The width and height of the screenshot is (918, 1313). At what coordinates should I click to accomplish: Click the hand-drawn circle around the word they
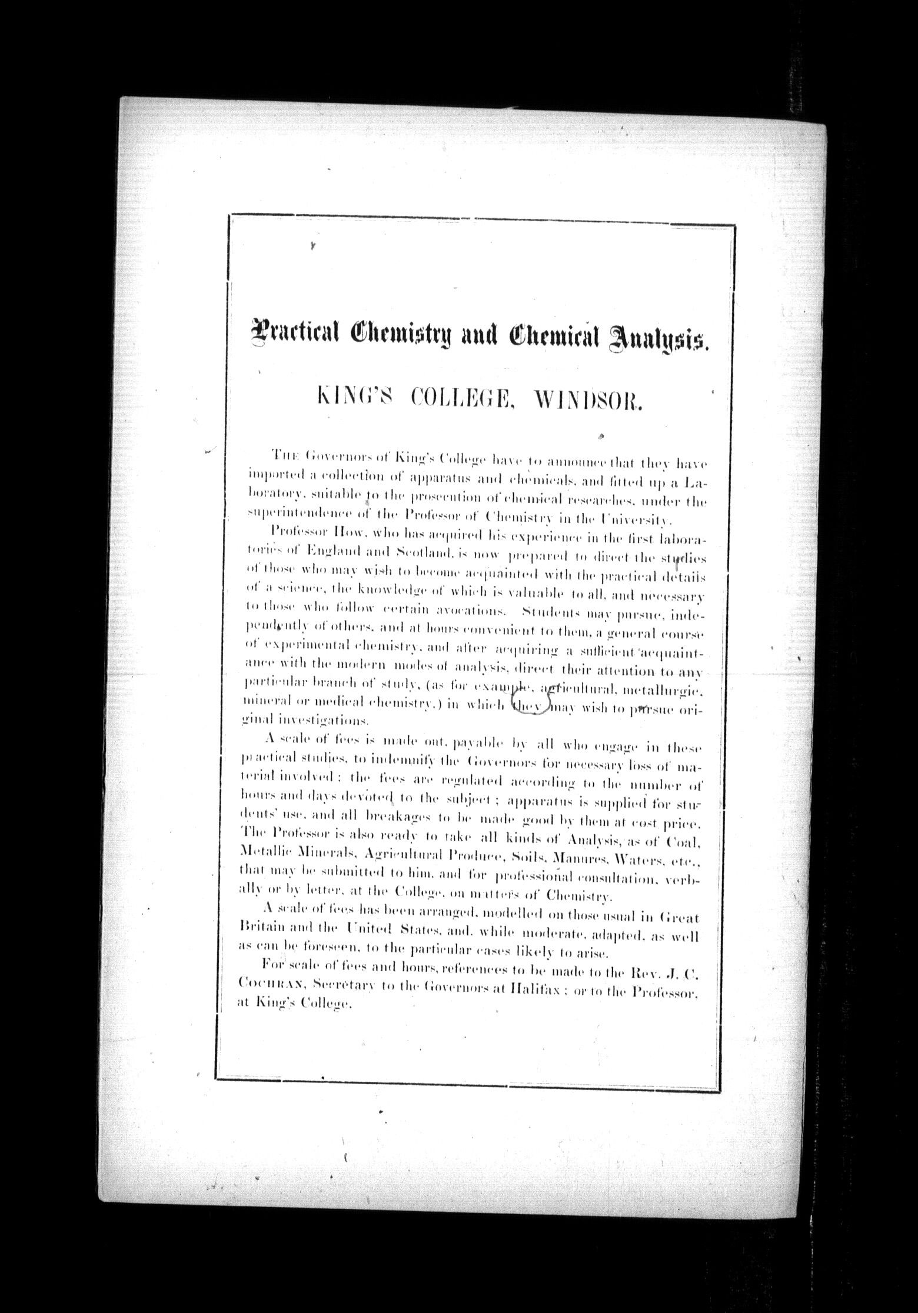[531, 704]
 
